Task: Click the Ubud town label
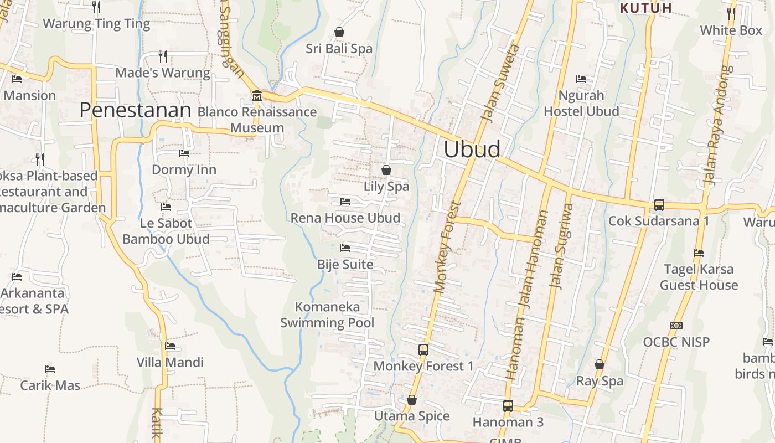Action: tap(472, 150)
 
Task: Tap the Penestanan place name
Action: tap(135, 110)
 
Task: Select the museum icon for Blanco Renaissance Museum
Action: tap(256, 96)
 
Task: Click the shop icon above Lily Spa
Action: tap(386, 170)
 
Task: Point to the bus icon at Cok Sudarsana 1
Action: tap(659, 205)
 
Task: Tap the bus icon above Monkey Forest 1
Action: tap(423, 350)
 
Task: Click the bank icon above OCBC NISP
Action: tap(676, 326)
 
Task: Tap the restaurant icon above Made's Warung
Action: tap(163, 56)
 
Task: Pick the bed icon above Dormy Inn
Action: tap(184, 153)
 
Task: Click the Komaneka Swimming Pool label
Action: tap(327, 315)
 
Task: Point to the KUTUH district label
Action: tap(645, 8)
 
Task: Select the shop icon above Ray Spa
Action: tap(600, 364)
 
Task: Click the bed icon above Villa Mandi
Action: tap(170, 346)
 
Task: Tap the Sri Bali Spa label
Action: tap(339, 49)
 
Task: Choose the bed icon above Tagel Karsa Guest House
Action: tap(699, 253)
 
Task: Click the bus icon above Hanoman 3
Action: tap(508, 406)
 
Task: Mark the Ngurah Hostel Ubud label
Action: tap(581, 104)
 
